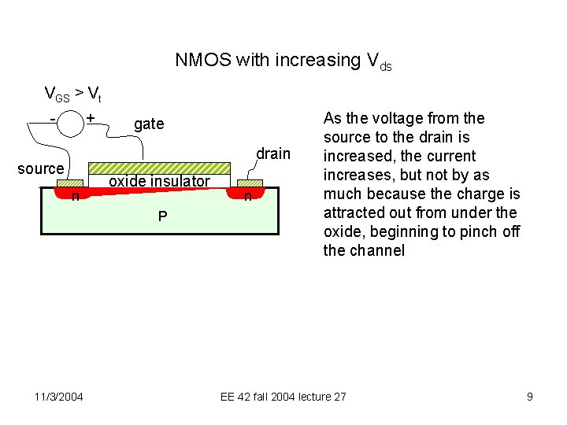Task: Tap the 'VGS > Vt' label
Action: pos(72,95)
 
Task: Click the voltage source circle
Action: pos(70,124)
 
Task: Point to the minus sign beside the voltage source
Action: pos(52,119)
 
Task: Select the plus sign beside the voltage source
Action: pos(91,118)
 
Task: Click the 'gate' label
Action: pos(149,124)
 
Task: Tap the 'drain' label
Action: pos(273,153)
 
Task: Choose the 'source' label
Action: pos(40,169)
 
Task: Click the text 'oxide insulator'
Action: pos(159,182)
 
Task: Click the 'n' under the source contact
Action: pos(74,196)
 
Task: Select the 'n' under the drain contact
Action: pos(247,196)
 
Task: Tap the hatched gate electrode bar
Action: pos(159,168)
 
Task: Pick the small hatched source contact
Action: pos(71,183)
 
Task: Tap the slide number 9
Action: pos(530,397)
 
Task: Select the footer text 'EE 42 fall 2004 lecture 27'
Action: pos(283,397)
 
